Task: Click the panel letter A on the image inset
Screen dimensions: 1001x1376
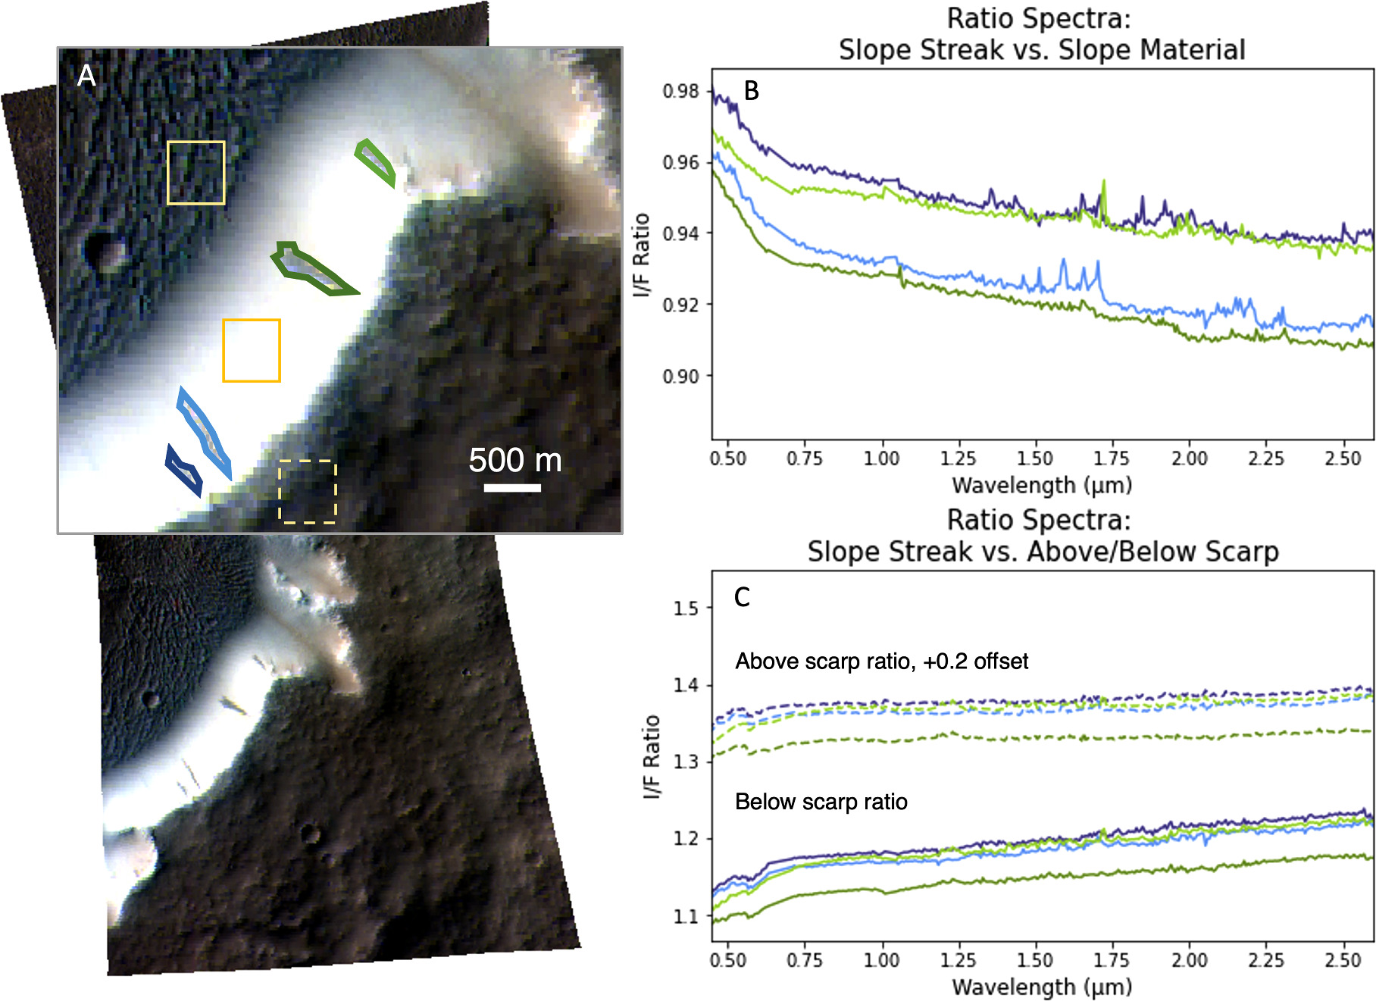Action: pyautogui.click(x=87, y=75)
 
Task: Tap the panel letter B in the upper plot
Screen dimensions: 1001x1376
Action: pyautogui.click(x=751, y=91)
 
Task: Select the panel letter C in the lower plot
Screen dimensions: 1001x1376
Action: pyautogui.click(x=742, y=597)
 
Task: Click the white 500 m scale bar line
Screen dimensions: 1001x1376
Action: pyautogui.click(x=512, y=487)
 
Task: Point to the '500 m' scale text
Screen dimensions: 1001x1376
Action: pyautogui.click(x=515, y=460)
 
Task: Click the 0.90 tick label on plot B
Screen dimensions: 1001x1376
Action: pyautogui.click(x=680, y=376)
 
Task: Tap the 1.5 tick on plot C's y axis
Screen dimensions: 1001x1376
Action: pyautogui.click(x=686, y=608)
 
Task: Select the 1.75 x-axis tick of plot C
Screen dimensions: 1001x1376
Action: pyautogui.click(x=1112, y=960)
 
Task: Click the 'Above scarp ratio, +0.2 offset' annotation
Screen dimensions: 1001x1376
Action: pyautogui.click(x=881, y=662)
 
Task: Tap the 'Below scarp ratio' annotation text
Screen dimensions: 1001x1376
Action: pyautogui.click(x=821, y=802)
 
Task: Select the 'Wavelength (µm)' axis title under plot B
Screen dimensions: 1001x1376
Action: pyautogui.click(x=1041, y=485)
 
